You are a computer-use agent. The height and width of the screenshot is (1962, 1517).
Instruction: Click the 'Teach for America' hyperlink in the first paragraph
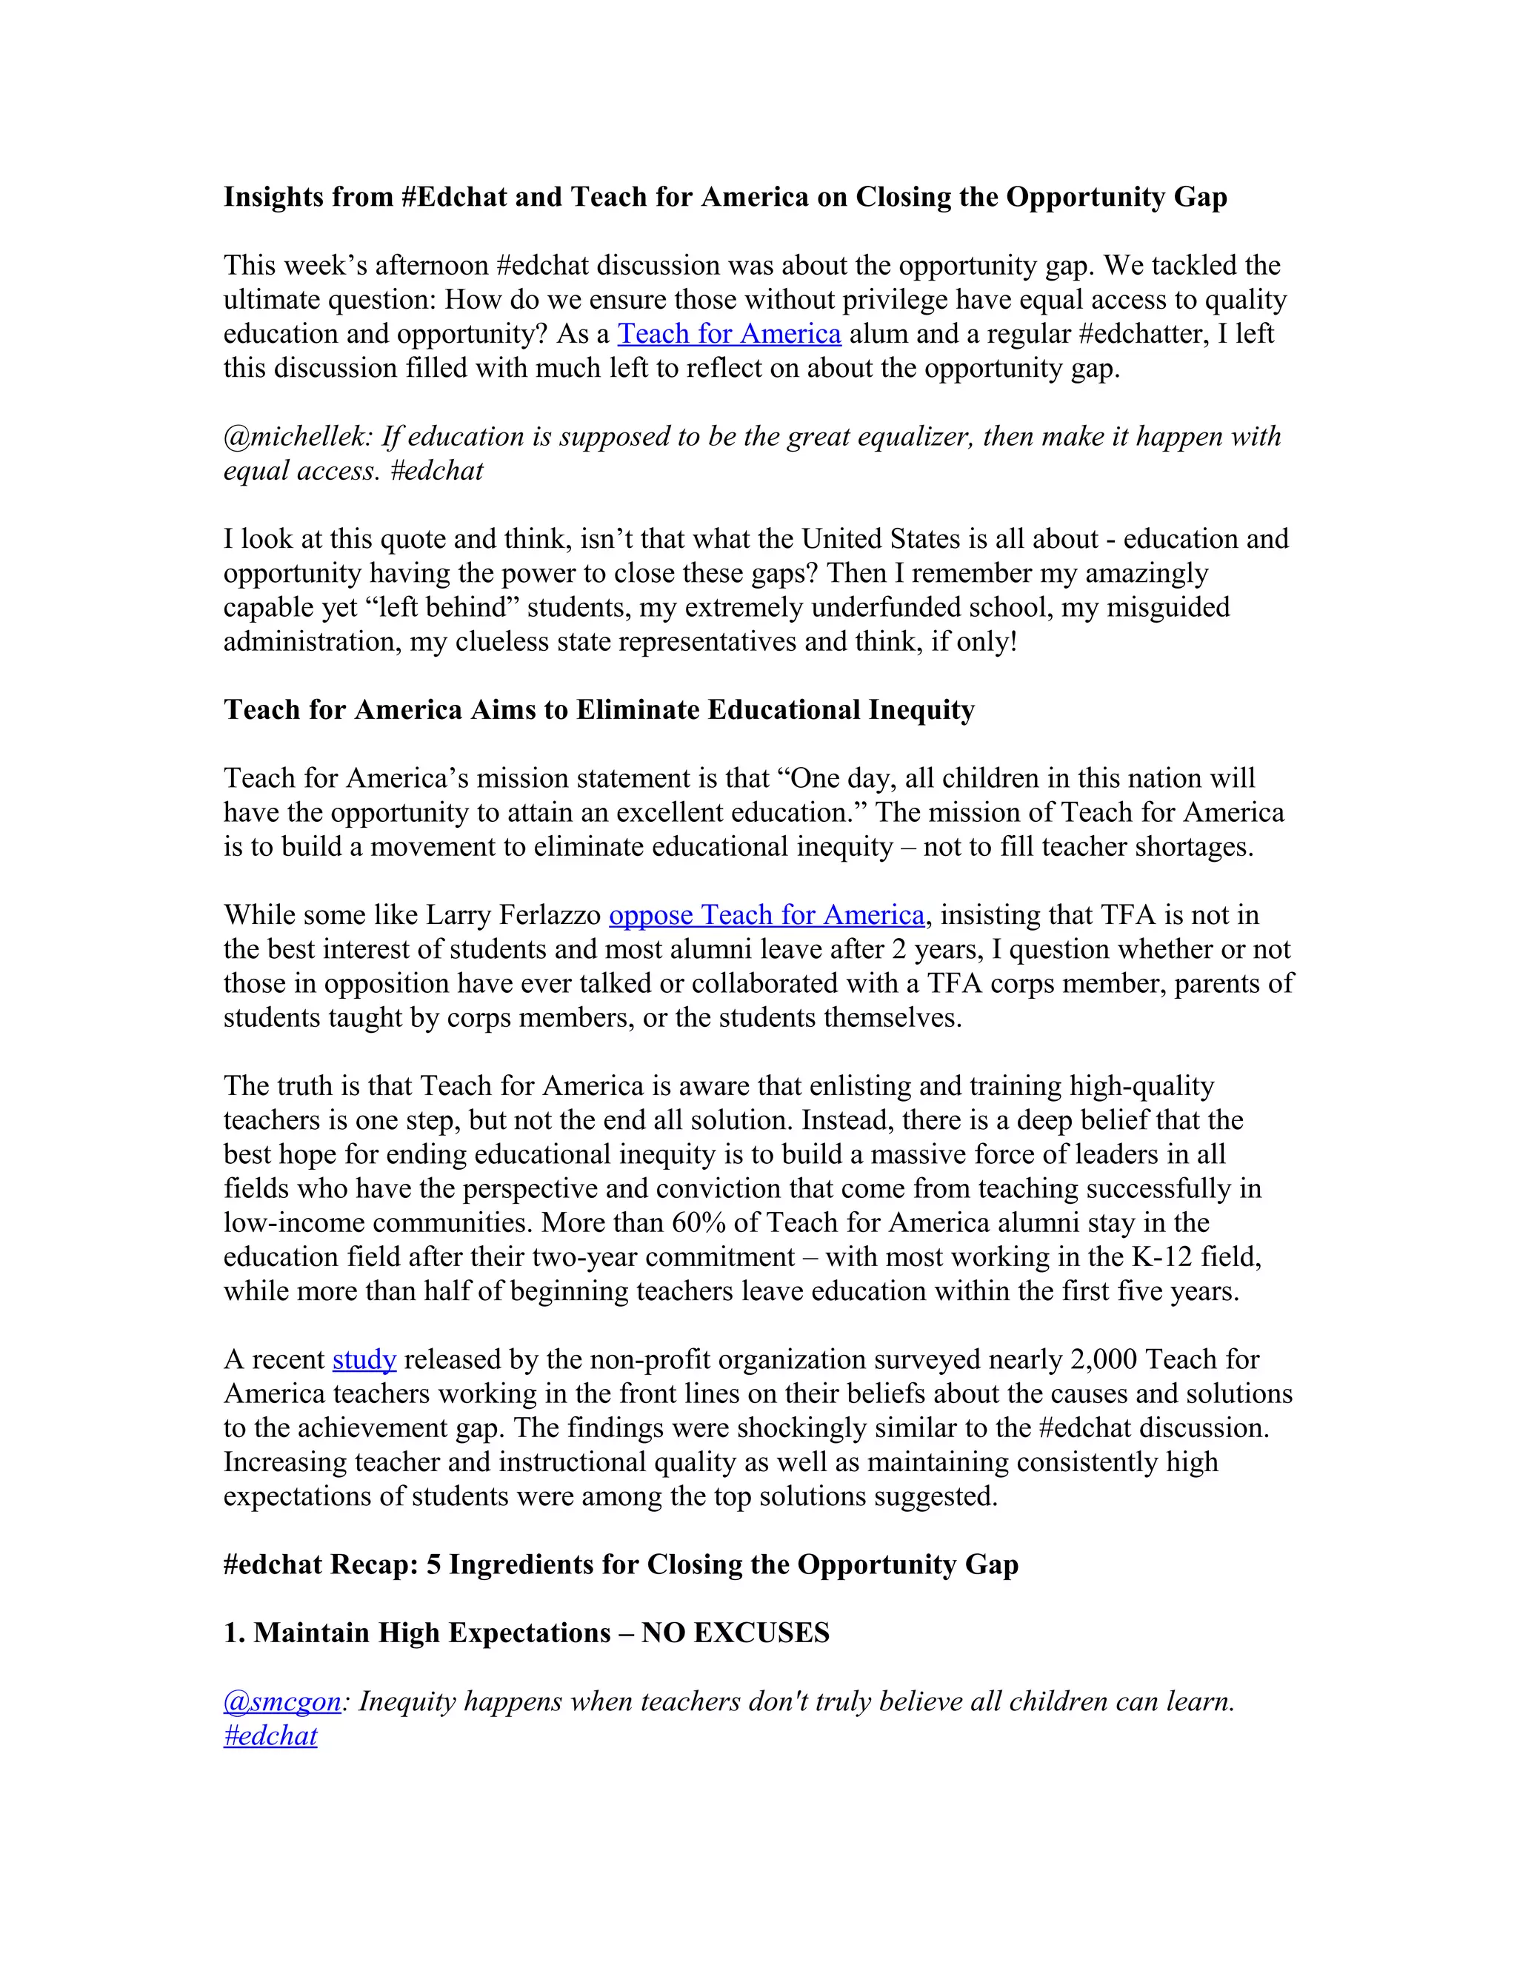pyautogui.click(x=729, y=334)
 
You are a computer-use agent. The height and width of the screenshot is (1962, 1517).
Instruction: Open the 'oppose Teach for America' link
pyautogui.click(x=767, y=915)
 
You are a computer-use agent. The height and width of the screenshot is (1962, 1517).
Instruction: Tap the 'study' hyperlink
pyautogui.click(x=364, y=1360)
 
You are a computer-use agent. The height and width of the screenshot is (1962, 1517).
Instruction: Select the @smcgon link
pyautogui.click(x=282, y=1701)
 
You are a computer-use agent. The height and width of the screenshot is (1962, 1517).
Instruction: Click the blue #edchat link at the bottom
pyautogui.click(x=270, y=1735)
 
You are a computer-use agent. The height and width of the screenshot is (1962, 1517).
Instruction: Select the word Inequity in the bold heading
pyautogui.click(x=921, y=710)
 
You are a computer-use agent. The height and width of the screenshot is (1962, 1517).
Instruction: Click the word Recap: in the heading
pyautogui.click(x=374, y=1565)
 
